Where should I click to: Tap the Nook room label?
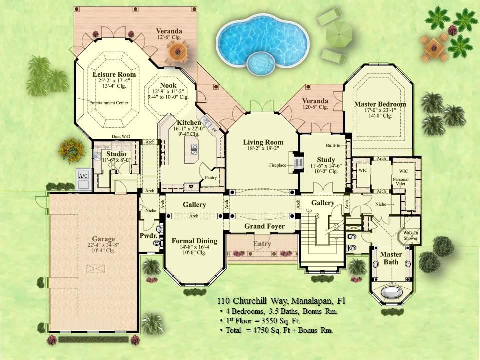click(x=168, y=86)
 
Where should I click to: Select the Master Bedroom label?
click(x=380, y=104)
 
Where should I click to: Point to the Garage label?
click(x=103, y=239)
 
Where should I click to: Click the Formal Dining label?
click(x=194, y=241)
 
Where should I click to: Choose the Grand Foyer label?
click(x=264, y=226)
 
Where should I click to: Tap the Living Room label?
click(x=263, y=142)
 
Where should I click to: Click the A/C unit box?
click(x=83, y=177)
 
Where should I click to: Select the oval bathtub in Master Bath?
click(x=391, y=292)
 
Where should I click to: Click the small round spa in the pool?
click(x=261, y=63)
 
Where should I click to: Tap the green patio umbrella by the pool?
click(x=338, y=33)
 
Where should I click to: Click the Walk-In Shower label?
click(x=412, y=235)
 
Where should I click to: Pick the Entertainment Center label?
click(x=109, y=103)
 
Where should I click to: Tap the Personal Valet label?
click(x=401, y=181)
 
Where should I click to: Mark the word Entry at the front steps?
click(x=262, y=244)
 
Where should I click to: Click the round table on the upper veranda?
click(x=177, y=50)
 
